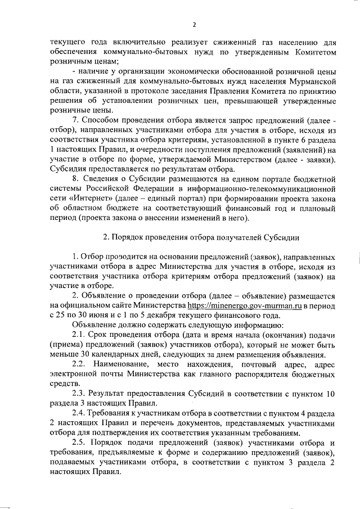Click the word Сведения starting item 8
[x=106, y=179]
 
